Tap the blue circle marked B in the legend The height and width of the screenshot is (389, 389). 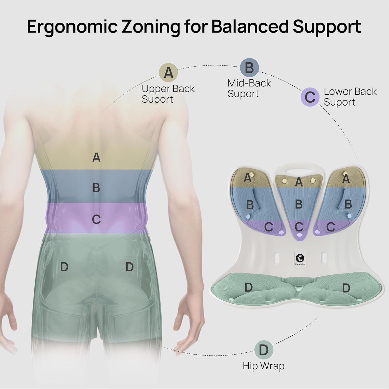click(249, 68)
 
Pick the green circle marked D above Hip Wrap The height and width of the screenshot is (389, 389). click(264, 350)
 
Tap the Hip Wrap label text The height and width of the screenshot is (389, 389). click(264, 366)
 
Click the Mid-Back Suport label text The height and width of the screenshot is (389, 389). click(249, 88)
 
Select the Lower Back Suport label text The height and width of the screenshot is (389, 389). click(350, 97)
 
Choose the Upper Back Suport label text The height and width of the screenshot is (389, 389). click(168, 94)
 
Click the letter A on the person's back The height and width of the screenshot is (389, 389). click(96, 157)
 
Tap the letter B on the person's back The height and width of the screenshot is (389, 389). click(96, 187)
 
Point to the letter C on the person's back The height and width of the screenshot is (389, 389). click(96, 219)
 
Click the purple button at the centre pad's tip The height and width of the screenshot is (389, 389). click(300, 234)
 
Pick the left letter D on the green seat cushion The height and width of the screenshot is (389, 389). click(248, 287)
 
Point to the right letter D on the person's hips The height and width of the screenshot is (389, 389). click(129, 267)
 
